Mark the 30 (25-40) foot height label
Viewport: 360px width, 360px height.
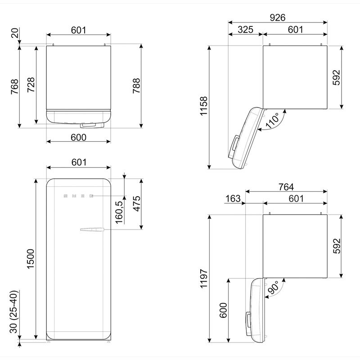point(14,312)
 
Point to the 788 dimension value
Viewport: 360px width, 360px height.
point(137,85)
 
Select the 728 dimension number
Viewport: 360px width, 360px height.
point(31,85)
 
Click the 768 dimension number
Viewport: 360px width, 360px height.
point(14,86)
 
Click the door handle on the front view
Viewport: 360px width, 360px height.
point(92,231)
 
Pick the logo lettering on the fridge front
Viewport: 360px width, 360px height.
point(79,196)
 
